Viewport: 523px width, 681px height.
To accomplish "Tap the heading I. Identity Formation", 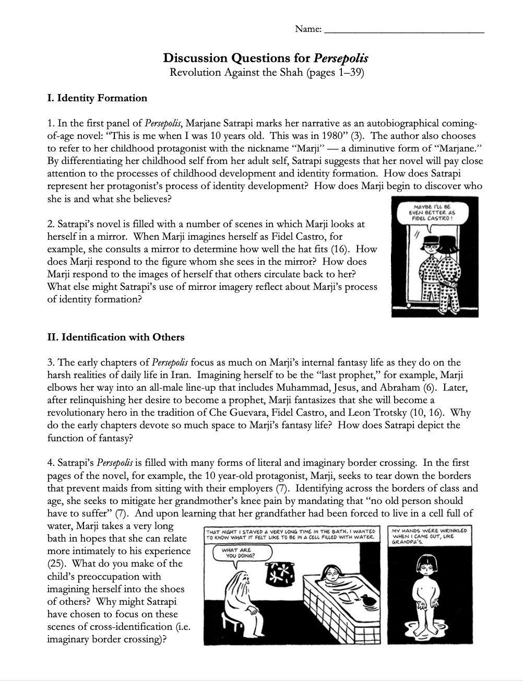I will (97, 98).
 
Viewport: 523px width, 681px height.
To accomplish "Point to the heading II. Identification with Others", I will (115, 337).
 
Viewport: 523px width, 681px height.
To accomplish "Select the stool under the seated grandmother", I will (235, 623).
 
